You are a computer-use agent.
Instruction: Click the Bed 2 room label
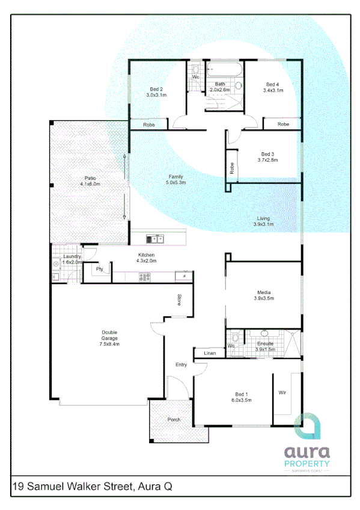pos(154,89)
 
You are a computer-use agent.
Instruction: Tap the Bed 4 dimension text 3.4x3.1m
pos(272,90)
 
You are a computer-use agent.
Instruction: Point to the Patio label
pos(90,179)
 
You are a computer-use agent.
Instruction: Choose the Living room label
pos(263,218)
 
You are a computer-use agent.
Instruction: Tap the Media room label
pos(263,293)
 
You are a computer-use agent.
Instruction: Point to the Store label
pos(179,300)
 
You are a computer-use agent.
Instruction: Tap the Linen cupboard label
pos(210,353)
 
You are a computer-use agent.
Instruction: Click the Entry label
pos(181,364)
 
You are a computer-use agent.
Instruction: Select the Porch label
pos(173,420)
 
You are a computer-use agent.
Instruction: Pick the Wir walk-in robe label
pos(282,392)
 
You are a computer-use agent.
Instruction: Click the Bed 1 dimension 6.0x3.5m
pos(242,400)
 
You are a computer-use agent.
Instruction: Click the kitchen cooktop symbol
pos(145,277)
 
